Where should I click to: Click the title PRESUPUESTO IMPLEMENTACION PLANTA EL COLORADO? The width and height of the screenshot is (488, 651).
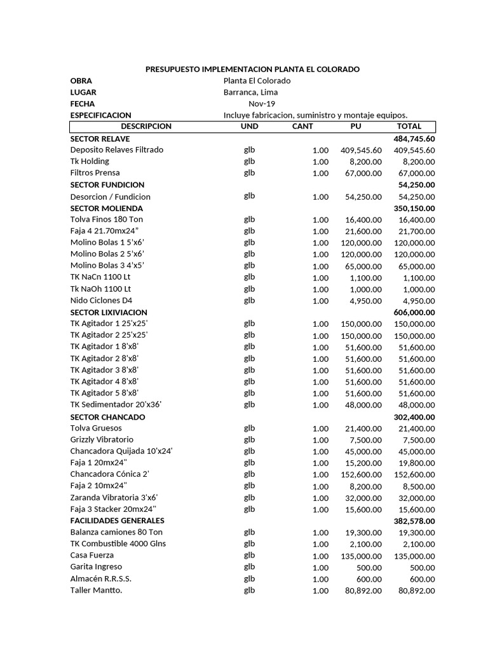252,69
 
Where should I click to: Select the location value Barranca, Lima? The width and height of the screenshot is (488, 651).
250,92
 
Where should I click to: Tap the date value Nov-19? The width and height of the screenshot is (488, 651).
262,104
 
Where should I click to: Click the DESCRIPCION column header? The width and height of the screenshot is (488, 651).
146,127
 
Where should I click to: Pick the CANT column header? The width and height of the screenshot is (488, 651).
302,127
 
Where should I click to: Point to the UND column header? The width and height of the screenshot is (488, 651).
249,127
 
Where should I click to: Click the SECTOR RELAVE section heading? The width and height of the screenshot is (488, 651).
100,139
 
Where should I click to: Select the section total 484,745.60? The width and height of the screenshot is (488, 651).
414,139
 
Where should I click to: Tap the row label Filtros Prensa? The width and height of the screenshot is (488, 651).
95,173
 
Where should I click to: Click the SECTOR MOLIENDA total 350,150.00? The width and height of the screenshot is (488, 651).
414,209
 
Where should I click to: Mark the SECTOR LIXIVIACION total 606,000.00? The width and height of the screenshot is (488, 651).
414,313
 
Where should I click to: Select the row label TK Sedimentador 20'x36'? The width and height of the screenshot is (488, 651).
111,405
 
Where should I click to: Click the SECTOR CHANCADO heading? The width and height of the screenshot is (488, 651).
107,417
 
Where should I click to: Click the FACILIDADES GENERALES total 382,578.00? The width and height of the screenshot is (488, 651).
414,521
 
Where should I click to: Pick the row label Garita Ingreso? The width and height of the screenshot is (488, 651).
96,567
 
